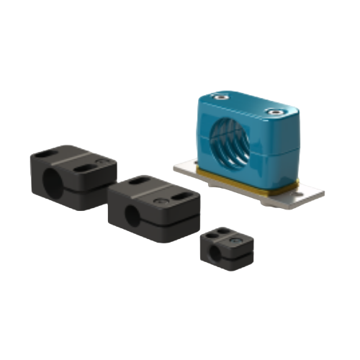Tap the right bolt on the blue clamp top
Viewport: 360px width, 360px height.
pos(274,112)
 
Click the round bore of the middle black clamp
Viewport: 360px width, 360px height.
pos(135,215)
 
